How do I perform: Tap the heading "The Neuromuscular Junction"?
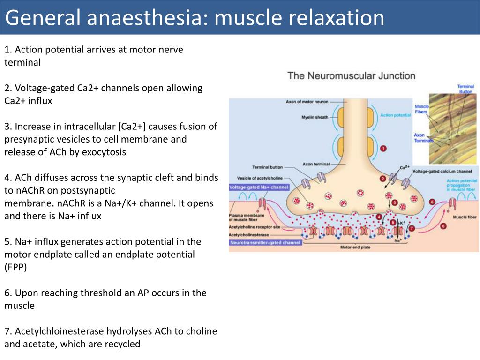coord(351,75)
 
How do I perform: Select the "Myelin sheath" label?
coord(315,117)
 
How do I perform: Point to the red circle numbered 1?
coord(383,148)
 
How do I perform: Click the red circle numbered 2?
coord(382,179)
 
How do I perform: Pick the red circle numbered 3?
coord(395,203)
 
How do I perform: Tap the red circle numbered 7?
coord(412,228)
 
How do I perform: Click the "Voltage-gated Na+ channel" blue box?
coord(259,187)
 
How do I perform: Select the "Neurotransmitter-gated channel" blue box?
coord(265,243)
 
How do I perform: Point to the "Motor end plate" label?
coord(353,247)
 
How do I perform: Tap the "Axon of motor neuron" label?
coord(307,102)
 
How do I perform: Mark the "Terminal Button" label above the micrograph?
coord(465,89)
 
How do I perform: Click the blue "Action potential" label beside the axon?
coord(393,115)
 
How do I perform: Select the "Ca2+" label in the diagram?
coord(404,167)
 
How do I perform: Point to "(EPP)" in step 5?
coord(17,267)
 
